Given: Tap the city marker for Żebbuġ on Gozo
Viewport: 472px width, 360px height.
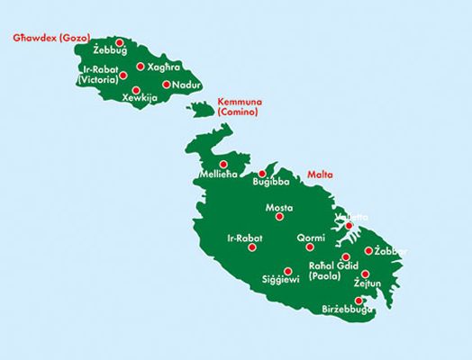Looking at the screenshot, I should click(120, 41).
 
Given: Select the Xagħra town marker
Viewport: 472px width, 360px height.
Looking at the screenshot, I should click(141, 66).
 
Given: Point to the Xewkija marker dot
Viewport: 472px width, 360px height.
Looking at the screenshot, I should click(136, 89).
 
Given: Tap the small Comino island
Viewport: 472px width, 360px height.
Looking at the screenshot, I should click(201, 111).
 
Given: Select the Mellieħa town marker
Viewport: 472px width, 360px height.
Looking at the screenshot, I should click(223, 164).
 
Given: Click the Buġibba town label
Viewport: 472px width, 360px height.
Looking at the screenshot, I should click(269, 183).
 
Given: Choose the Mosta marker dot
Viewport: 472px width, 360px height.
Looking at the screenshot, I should click(279, 216).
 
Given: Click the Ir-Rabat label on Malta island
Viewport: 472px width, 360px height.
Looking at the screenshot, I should click(245, 238).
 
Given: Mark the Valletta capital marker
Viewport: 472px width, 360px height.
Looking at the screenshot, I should click(349, 225).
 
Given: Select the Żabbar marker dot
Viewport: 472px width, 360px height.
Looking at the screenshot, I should click(368, 251).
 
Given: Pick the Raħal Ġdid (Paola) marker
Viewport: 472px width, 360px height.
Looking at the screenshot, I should click(346, 256).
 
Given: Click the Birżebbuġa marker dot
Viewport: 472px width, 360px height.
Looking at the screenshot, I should click(359, 301).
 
